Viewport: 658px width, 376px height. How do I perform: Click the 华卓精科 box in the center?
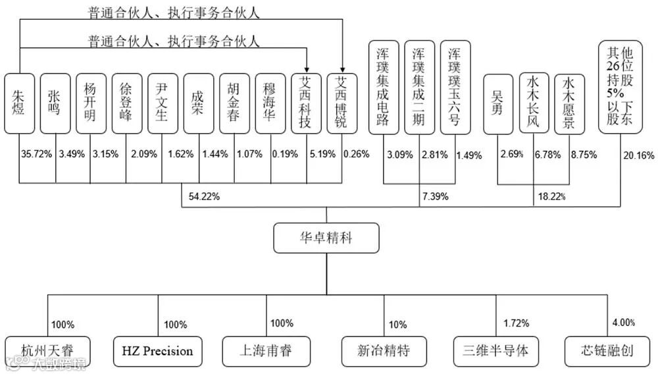[x=326, y=238]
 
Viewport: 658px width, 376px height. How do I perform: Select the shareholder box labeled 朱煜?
[x=18, y=103]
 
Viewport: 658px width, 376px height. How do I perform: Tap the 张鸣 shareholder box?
[x=55, y=103]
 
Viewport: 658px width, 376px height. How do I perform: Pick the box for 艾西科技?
[x=306, y=103]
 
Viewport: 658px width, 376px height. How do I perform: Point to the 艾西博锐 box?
[x=342, y=103]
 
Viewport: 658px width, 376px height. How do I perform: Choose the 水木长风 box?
[x=533, y=103]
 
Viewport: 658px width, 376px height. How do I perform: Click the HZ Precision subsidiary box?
[x=159, y=350]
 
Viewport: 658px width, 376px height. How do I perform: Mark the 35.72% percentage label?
[x=37, y=155]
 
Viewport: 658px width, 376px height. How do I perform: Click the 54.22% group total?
[x=204, y=196]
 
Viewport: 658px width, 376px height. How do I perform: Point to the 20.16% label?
[x=638, y=155]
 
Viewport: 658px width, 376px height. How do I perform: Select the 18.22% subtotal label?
[x=551, y=196]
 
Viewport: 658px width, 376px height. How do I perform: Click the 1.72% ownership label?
[x=515, y=324]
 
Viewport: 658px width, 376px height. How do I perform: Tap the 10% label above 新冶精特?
[x=397, y=324]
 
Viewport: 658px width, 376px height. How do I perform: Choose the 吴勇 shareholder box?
[x=497, y=103]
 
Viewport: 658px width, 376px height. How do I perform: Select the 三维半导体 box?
[x=496, y=350]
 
